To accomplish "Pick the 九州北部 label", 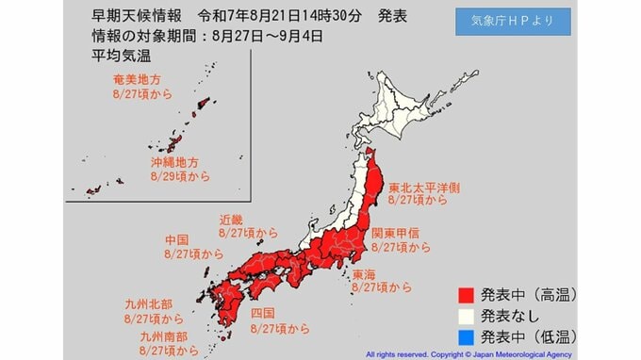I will [147, 304].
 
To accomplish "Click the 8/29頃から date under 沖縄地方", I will [180, 176].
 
